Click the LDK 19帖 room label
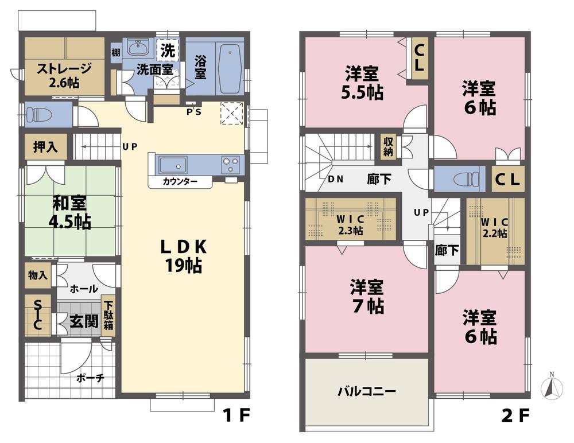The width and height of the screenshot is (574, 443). pyautogui.click(x=183, y=256)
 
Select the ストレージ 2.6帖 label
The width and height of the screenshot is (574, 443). pyautogui.click(x=64, y=75)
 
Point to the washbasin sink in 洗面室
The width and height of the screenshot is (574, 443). pyautogui.click(x=137, y=46)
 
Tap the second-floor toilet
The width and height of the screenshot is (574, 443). pyautogui.click(x=466, y=178)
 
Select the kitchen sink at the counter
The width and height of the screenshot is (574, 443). pyautogui.click(x=172, y=165)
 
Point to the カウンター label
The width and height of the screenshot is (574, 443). pyautogui.click(x=180, y=182)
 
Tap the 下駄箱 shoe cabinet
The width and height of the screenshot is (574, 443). pyautogui.click(x=108, y=317)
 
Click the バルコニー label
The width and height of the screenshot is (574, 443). pyautogui.click(x=366, y=393)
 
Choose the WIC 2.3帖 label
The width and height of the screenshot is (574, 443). pyautogui.click(x=350, y=224)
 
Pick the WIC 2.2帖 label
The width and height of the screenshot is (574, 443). pyautogui.click(x=494, y=227)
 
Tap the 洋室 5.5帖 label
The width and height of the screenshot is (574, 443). pyautogui.click(x=363, y=82)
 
